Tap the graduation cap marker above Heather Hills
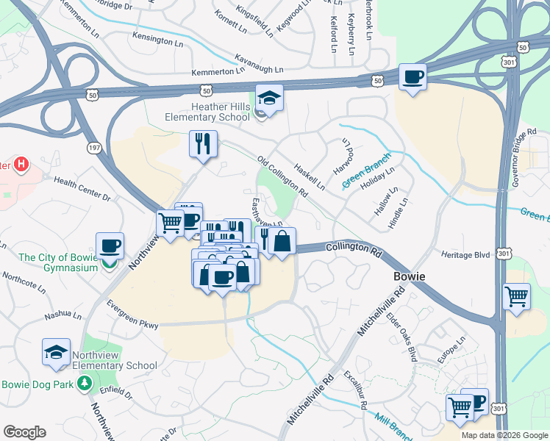point(269,99)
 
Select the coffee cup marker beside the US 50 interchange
point(413,77)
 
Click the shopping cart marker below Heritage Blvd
point(517,297)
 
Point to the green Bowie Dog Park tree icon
point(85,383)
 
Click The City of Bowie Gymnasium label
point(58,262)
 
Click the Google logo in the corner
point(24,431)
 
